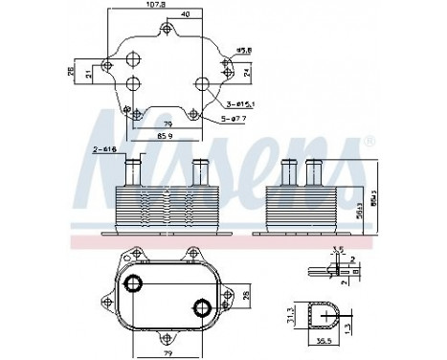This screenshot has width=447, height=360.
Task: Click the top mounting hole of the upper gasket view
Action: tap(168, 32)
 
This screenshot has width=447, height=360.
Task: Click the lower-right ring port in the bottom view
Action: tap(201, 307)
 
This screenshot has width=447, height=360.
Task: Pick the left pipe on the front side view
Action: tap(131, 172)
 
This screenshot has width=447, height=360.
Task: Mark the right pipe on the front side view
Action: tap(199, 172)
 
